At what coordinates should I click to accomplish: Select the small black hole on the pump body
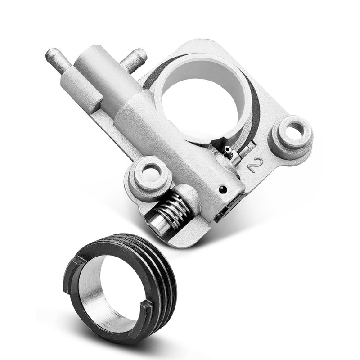223,189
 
